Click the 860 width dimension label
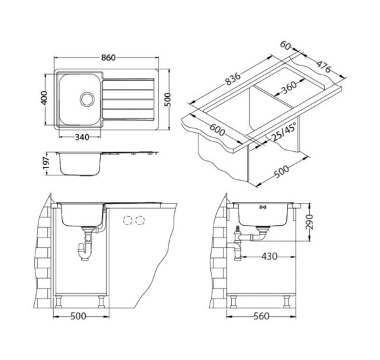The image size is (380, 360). click(x=108, y=58)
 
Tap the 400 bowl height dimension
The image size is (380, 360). click(x=44, y=98)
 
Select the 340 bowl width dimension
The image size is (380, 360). click(x=82, y=137)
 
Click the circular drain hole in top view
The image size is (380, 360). click(x=87, y=99)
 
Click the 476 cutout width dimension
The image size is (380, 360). click(x=324, y=67)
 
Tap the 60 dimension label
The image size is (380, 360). click(x=286, y=45)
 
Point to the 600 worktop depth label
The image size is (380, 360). click(x=217, y=130)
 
